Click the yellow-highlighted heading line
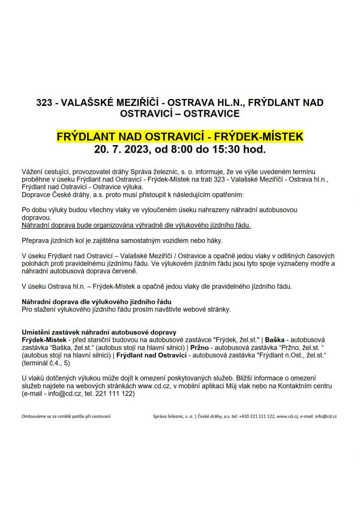(x=180, y=136)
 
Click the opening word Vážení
(x=32, y=171)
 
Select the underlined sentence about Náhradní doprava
(x=136, y=225)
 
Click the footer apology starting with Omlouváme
(x=66, y=417)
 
